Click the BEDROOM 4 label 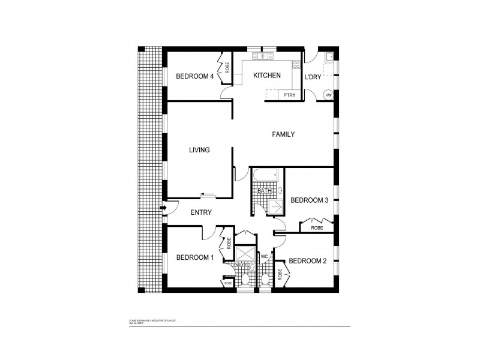194,76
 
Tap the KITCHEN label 266,76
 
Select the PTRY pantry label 289,95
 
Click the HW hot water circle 328,95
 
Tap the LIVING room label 199,150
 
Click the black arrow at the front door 164,208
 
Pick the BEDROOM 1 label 194,257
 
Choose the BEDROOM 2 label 307,261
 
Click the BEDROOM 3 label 309,200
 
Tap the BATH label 265,191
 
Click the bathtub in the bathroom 265,176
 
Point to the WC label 263,257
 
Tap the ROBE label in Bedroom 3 317,229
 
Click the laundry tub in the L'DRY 329,58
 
